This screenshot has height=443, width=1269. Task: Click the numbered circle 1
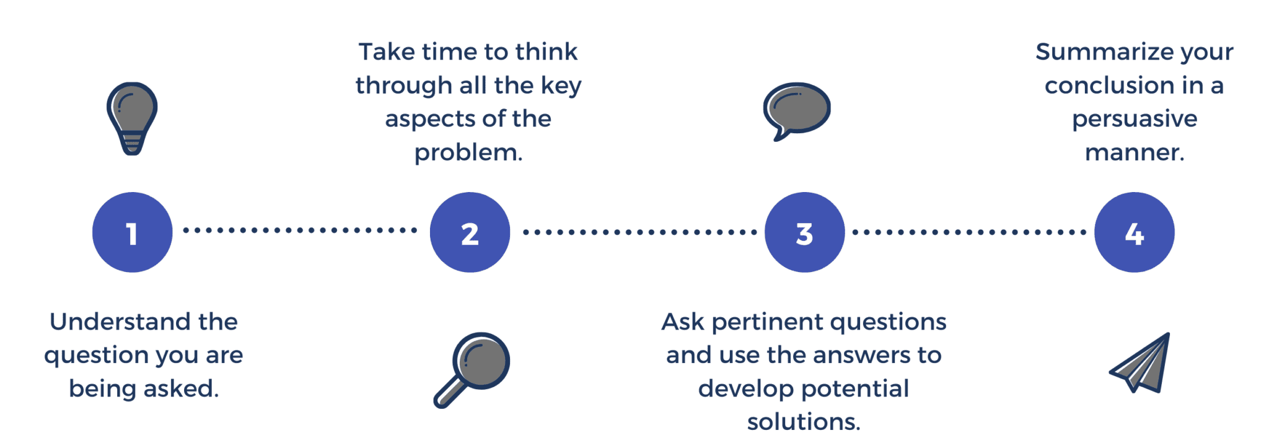[132, 232]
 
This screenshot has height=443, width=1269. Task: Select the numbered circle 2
[470, 232]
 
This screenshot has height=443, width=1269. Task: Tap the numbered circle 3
[804, 232]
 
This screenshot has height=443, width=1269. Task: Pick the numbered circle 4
[1134, 232]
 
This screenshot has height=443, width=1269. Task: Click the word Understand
[120, 322]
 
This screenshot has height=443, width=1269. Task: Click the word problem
[468, 152]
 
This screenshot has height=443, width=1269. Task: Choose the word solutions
[804, 422]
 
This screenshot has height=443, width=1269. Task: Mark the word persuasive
[1135, 119]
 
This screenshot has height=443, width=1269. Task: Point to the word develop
[737, 389]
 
